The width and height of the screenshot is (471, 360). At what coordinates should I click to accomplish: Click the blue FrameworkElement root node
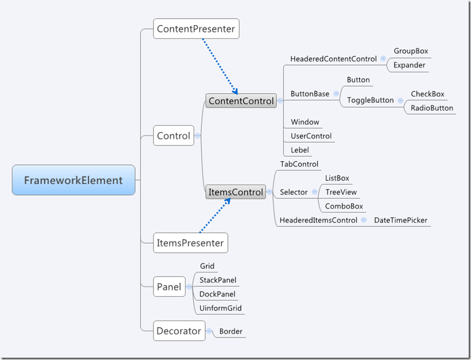point(73,180)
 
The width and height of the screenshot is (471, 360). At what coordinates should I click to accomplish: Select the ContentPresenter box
point(196,29)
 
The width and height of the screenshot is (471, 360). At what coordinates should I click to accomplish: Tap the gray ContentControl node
point(241,101)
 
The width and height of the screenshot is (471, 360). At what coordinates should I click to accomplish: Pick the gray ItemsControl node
point(235,192)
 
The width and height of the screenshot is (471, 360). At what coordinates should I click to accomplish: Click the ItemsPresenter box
point(190,243)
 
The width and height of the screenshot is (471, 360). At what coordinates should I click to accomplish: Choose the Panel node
point(169,287)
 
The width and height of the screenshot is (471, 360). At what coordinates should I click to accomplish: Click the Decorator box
point(178,331)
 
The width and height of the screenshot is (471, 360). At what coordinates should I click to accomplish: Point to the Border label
point(231,331)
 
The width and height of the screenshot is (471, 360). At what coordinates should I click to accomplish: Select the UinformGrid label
point(221,308)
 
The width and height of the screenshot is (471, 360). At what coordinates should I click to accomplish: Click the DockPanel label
point(217,294)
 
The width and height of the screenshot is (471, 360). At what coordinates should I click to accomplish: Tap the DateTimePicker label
point(400,220)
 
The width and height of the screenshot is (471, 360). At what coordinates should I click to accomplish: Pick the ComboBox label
point(344,206)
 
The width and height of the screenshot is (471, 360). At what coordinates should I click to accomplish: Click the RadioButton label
point(432,108)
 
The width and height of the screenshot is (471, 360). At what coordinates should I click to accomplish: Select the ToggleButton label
point(370,100)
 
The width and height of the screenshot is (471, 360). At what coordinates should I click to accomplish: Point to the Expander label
point(409,65)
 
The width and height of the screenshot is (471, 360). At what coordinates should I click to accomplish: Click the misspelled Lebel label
point(300,150)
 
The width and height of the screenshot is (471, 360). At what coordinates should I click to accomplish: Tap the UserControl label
point(311,136)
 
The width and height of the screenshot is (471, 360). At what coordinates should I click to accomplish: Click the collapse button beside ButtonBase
point(336,94)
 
